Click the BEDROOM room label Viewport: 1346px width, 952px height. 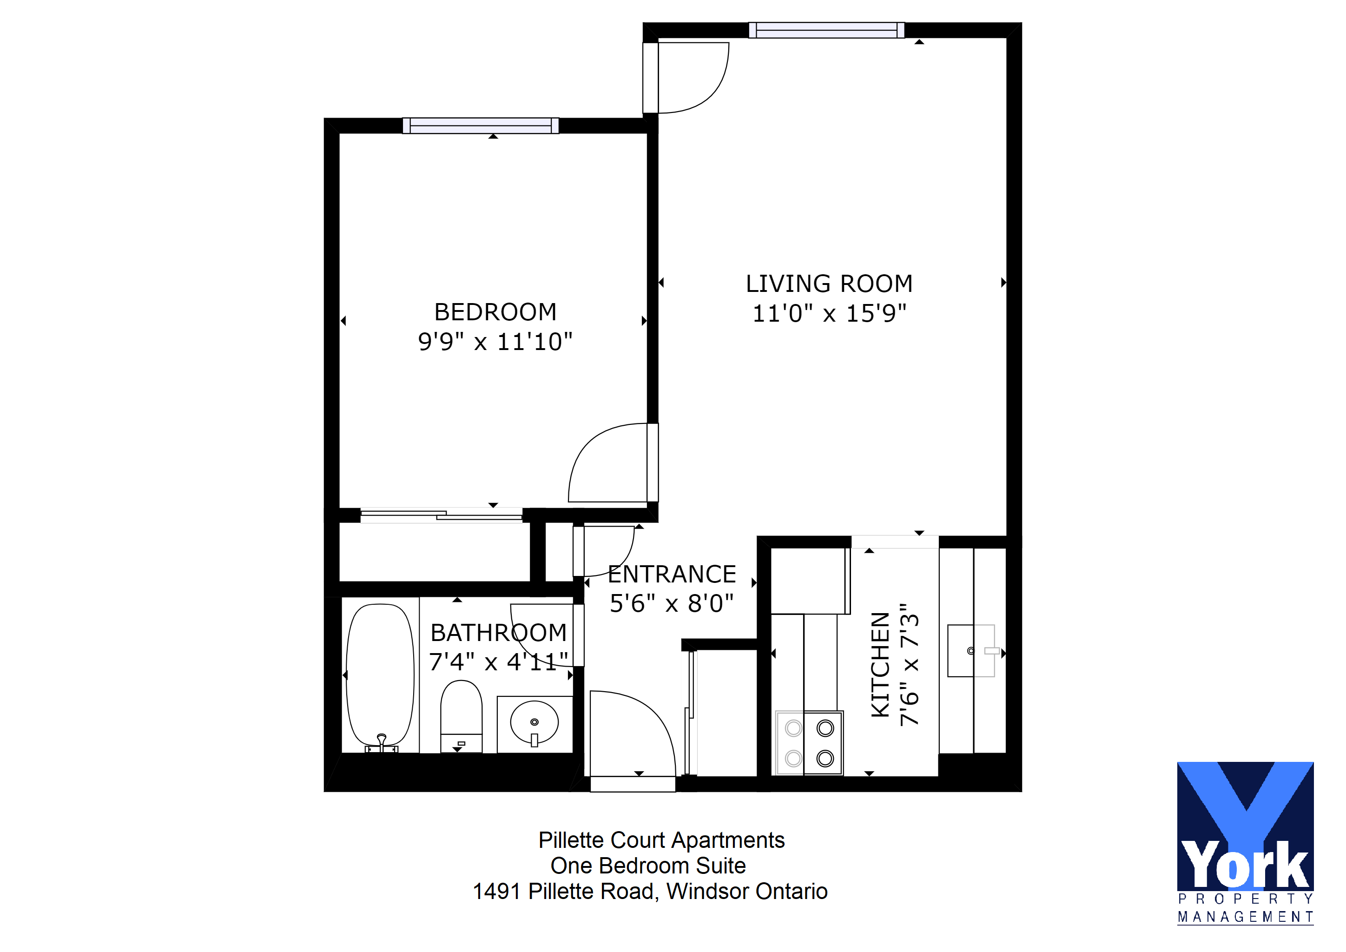point(495,312)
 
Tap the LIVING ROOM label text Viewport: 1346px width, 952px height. point(829,284)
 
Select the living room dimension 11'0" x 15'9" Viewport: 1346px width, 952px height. point(829,314)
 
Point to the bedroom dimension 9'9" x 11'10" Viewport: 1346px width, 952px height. point(495,342)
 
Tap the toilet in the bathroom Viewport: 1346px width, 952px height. point(462,716)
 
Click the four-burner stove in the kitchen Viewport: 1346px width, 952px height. point(809,743)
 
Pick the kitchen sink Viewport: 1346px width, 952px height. point(971,651)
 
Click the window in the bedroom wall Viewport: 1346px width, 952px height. point(481,126)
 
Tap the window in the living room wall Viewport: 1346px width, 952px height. point(826,30)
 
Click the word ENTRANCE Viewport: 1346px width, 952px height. point(672,575)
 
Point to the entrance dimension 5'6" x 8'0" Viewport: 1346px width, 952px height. point(672,604)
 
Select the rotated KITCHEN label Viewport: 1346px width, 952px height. point(881,665)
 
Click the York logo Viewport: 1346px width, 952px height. point(1245,843)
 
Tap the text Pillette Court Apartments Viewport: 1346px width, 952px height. point(661,840)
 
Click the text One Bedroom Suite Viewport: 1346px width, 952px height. point(648,866)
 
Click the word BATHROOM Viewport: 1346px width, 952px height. point(499,633)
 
